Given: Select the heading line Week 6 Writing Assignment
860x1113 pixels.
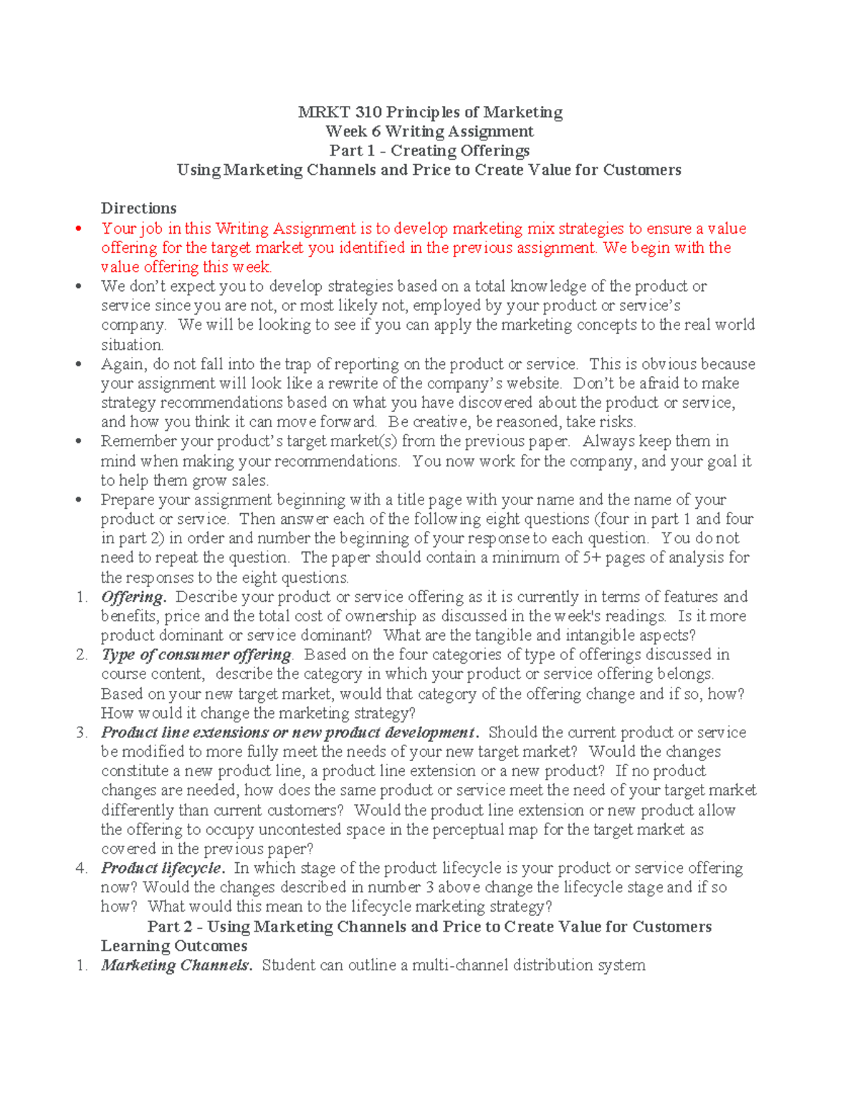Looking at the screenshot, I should (x=429, y=131).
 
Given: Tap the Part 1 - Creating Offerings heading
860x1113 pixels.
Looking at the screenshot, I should (x=429, y=151).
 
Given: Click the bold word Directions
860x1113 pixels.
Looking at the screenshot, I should (x=138, y=209).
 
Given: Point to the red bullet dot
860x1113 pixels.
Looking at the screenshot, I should (x=80, y=229).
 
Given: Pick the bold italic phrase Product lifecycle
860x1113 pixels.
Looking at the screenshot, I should (x=163, y=869).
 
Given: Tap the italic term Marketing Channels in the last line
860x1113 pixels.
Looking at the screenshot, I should (x=176, y=965).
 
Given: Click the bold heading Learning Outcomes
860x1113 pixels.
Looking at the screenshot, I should (x=174, y=946).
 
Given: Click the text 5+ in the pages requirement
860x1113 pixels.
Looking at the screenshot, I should (x=591, y=558).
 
